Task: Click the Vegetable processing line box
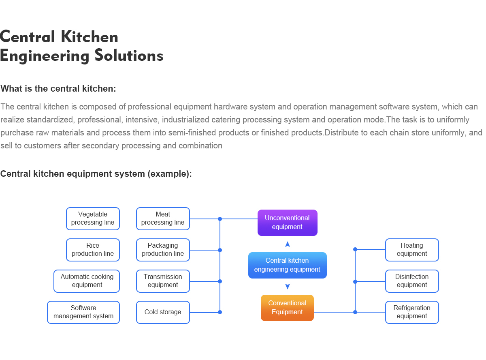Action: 93,219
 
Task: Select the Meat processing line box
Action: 163,219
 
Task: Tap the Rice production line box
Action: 93,250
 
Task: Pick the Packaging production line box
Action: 163,250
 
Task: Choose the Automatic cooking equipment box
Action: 87,281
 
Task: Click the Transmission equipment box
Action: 163,281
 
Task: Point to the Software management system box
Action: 83,312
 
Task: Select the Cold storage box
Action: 163,312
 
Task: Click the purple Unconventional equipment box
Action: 287,223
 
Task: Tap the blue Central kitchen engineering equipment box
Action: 287,265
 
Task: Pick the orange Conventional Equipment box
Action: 287,308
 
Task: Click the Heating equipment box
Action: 412,250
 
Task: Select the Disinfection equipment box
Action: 412,281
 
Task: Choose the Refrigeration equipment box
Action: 412,312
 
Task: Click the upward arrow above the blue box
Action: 288,244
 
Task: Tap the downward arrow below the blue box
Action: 288,287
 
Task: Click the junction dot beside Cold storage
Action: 220,312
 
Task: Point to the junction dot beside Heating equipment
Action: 355,249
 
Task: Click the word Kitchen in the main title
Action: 89,37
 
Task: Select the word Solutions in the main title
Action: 129,56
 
